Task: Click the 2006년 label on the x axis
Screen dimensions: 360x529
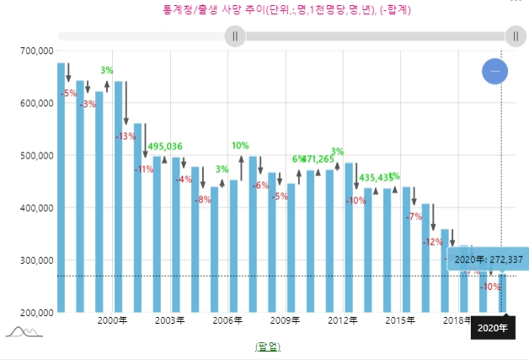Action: coord(227,320)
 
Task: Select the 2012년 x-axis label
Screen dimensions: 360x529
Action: coord(343,320)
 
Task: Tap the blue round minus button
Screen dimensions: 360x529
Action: coord(494,73)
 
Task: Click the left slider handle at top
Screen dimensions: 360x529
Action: coord(235,36)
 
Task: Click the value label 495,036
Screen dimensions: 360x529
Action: coord(165,146)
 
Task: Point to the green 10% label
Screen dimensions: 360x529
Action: coord(240,145)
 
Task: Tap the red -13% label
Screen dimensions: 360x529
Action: coord(126,136)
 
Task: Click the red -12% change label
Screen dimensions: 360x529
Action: coord(433,241)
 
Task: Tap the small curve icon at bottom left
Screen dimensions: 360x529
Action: coord(23,331)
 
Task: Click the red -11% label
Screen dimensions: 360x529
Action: coord(144,169)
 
